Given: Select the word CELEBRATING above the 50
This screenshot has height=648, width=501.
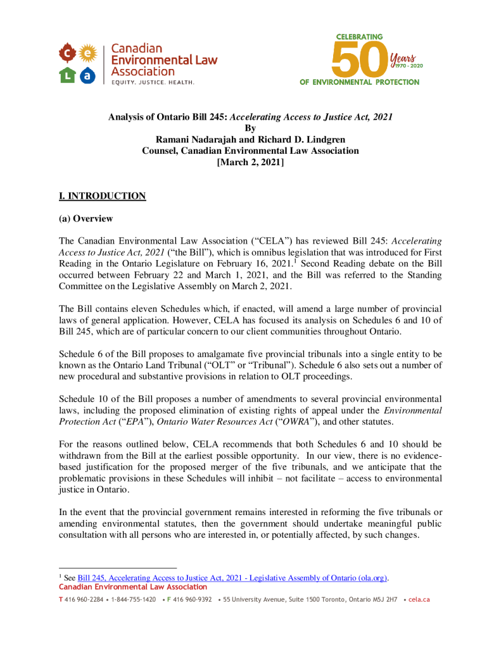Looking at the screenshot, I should [x=360, y=38].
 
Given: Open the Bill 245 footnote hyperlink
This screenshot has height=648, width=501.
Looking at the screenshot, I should [x=232, y=578].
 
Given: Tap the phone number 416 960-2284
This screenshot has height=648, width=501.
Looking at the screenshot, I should [x=84, y=599].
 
